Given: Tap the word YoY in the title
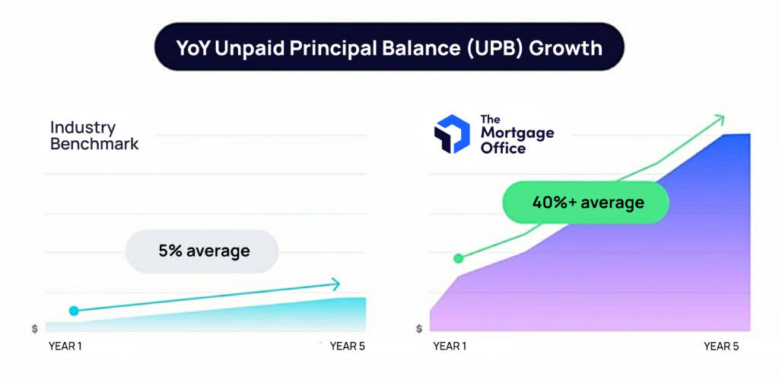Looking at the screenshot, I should click(193, 48).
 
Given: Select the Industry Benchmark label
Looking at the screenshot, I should click(94, 135).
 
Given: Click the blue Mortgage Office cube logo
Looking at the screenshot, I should click(452, 134).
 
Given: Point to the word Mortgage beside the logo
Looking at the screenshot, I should click(517, 133).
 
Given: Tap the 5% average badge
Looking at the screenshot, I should click(203, 250).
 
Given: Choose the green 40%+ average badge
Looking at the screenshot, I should click(586, 203).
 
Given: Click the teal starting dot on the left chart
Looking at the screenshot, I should click(74, 311).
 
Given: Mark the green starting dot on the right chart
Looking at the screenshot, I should click(458, 258).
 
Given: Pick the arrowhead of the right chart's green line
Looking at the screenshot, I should click(719, 118).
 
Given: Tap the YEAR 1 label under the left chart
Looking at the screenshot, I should click(66, 347).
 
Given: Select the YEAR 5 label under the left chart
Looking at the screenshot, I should click(348, 347).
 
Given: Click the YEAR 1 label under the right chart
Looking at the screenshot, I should click(450, 347).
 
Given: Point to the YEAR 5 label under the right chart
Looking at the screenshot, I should click(721, 347).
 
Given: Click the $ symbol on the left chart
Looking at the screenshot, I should click(34, 329).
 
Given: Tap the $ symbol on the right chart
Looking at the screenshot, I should click(419, 329).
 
